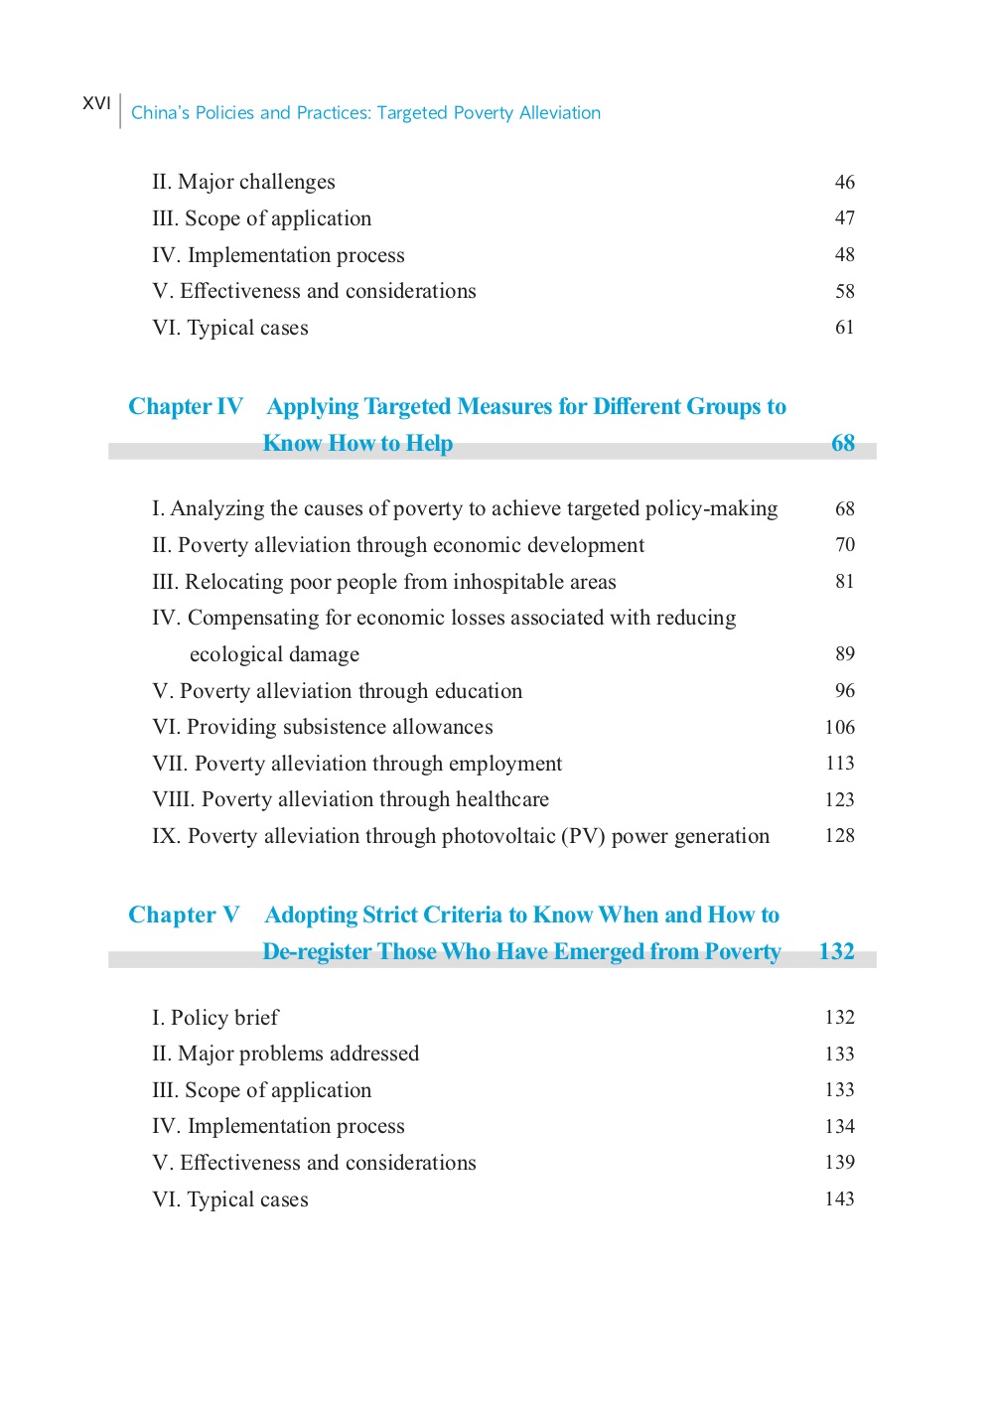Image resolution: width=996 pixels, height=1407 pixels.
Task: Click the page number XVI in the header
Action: click(x=96, y=103)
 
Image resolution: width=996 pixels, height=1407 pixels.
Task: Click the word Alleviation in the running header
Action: click(x=560, y=113)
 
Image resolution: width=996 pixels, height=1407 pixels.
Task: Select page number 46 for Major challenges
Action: click(x=844, y=183)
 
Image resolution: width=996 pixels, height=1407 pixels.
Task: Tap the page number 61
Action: click(x=844, y=328)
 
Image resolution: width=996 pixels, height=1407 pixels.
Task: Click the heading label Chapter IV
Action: click(x=186, y=407)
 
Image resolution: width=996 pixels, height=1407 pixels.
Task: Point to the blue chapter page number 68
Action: click(x=842, y=444)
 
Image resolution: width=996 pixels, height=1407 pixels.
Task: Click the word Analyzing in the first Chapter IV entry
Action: click(x=217, y=509)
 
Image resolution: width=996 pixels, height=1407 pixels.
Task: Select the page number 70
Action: click(x=844, y=545)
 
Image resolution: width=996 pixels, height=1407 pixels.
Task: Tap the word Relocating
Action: click(x=234, y=582)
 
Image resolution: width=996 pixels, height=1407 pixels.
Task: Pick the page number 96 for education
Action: click(x=844, y=691)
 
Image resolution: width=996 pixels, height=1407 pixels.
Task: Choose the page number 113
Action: click(x=839, y=764)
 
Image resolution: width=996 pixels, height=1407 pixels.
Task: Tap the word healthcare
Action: click(x=501, y=800)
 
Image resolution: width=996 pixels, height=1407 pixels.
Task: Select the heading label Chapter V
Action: click(x=184, y=915)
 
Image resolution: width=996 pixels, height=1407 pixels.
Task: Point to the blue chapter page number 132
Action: click(x=836, y=952)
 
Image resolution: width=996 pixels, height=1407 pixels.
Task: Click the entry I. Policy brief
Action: click(x=215, y=1018)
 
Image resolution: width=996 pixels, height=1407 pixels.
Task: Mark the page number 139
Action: click(x=839, y=1163)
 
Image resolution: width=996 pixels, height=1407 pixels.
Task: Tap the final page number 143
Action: click(x=839, y=1199)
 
